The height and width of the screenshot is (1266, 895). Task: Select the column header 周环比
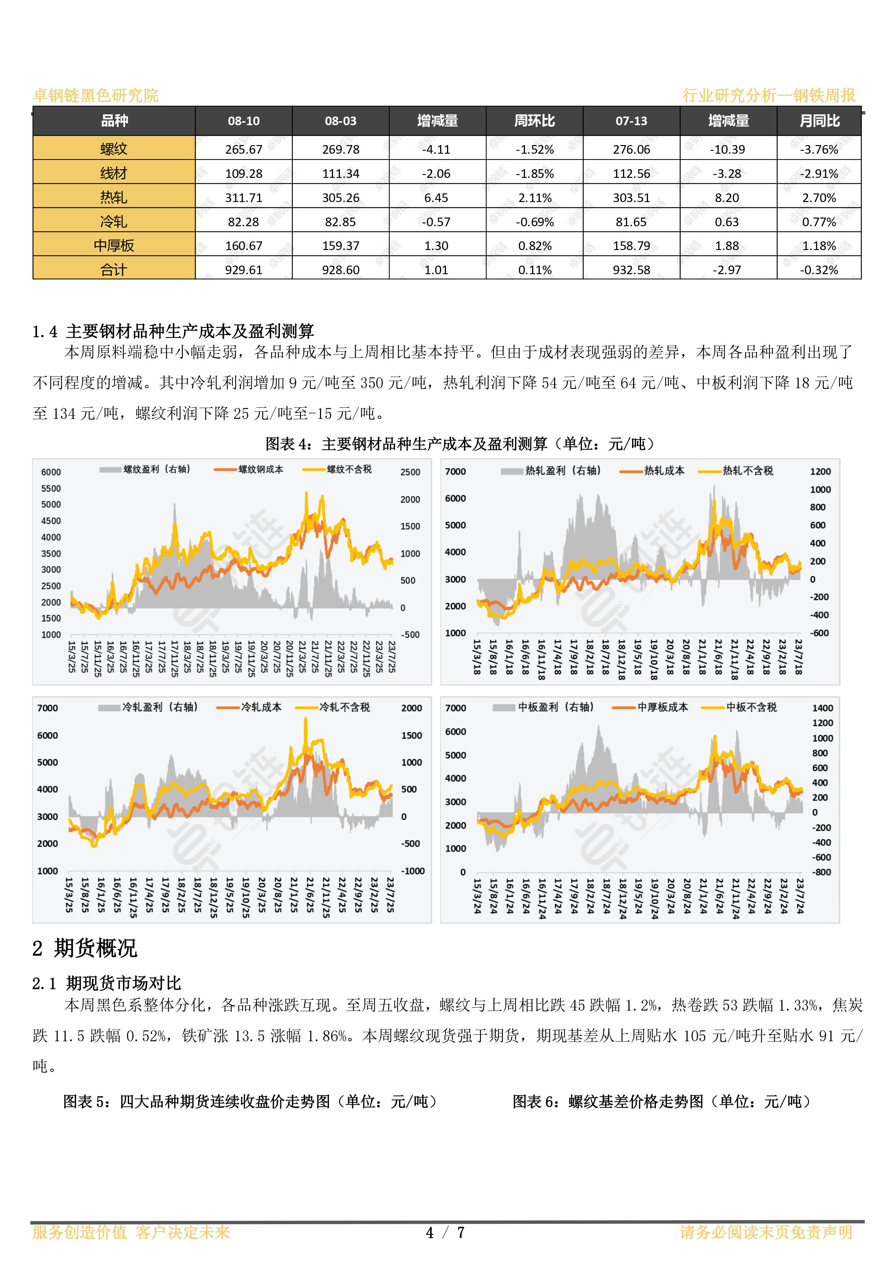(534, 121)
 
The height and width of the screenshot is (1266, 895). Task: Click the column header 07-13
(631, 121)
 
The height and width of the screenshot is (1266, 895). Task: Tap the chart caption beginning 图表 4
(460, 443)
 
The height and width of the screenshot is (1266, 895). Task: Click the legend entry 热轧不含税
(736, 471)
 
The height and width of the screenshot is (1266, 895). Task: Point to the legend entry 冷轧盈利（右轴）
(148, 707)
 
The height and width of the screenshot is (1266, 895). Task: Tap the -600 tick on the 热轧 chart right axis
(820, 633)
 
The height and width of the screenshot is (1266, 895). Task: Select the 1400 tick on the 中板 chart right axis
(823, 708)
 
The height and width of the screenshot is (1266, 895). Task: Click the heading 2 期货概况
(85, 948)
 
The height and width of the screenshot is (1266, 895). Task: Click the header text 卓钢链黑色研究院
(96, 95)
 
